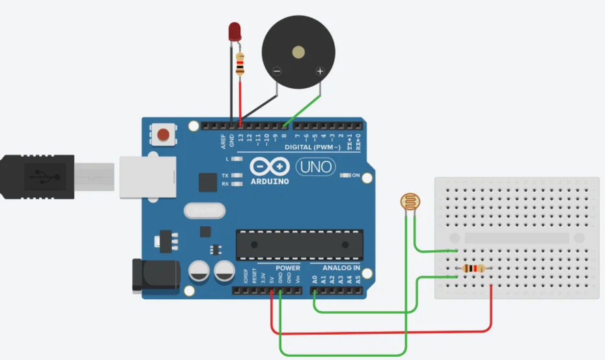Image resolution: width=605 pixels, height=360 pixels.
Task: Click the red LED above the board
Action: [x=235, y=31]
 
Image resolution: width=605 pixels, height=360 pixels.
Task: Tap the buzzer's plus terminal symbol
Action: [x=320, y=71]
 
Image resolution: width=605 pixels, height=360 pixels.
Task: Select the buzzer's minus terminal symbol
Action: [x=277, y=71]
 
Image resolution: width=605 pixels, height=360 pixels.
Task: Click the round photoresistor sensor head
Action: [x=410, y=201]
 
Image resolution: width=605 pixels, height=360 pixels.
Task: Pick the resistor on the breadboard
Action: [x=474, y=269]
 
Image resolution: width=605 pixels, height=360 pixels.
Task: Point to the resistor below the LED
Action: [x=240, y=64]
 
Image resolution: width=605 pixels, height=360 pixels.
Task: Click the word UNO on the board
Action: [x=316, y=167]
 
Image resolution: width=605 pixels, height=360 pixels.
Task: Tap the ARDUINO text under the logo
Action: [x=270, y=182]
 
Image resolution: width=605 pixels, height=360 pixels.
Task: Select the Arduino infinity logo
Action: [x=270, y=167]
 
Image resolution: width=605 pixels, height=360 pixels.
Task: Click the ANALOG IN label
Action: [x=341, y=268]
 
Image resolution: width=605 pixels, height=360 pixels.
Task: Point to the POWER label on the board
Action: [x=288, y=268]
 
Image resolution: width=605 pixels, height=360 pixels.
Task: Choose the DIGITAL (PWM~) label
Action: [x=312, y=147]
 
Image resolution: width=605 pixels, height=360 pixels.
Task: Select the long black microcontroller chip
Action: [x=299, y=245]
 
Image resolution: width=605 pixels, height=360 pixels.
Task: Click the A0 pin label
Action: [x=315, y=279]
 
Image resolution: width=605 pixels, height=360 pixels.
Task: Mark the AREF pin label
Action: [x=223, y=141]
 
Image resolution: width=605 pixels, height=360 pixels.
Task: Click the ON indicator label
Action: [x=356, y=175]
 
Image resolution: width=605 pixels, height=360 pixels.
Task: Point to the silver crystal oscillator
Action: [x=205, y=211]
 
